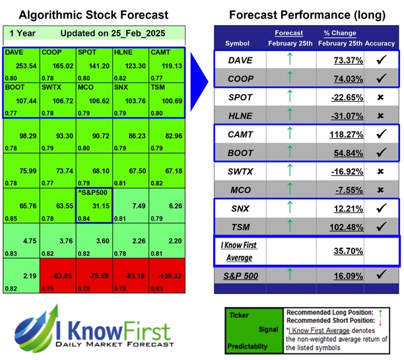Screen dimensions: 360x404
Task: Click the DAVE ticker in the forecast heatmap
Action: tap(14, 52)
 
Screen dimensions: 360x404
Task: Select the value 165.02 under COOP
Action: tap(55, 67)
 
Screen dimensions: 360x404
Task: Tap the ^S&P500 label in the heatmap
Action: tap(92, 193)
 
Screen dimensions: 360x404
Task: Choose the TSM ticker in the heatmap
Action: tap(158, 87)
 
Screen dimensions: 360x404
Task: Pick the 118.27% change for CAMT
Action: tap(344, 135)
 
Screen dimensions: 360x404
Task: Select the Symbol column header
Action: tap(238, 44)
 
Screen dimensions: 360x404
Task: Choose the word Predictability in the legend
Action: tap(249, 346)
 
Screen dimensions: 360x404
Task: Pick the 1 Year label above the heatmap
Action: tap(23, 33)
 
